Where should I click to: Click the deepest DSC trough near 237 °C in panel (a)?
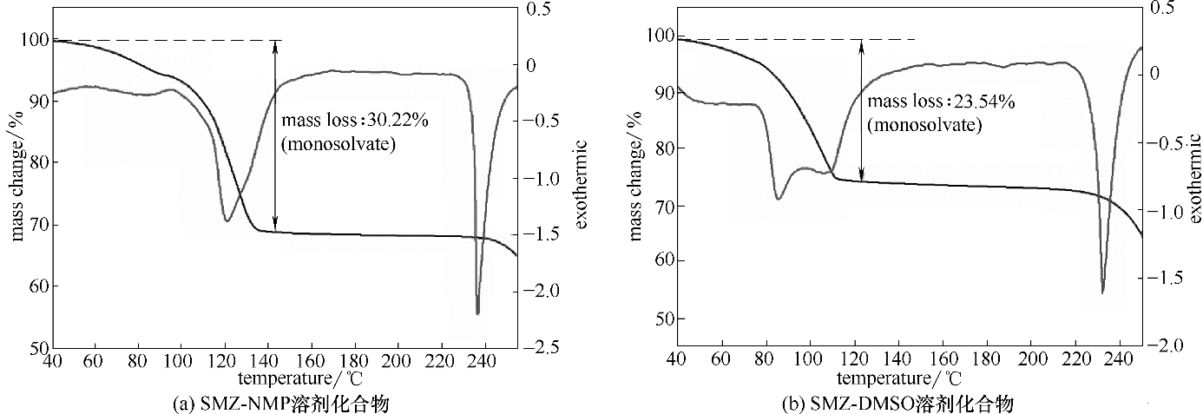point(477,313)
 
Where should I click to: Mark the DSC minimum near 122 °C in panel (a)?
point(227,220)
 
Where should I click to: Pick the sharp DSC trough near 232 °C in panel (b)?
point(1102,292)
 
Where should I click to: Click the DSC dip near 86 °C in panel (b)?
point(779,199)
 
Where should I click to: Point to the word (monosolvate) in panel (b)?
point(925,124)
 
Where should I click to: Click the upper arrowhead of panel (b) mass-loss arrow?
point(861,45)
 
